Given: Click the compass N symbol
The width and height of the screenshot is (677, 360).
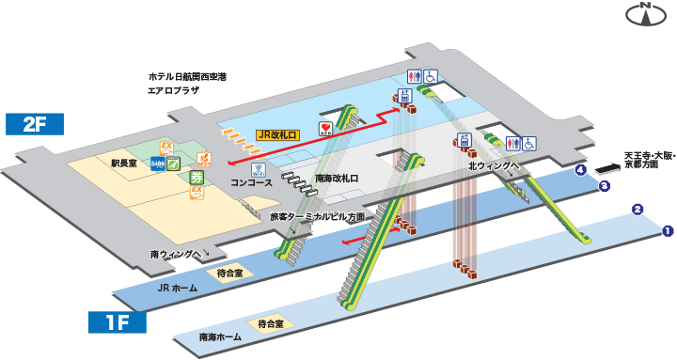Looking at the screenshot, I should [x=646, y=13].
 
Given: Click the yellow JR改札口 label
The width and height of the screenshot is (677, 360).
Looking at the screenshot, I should [x=278, y=135].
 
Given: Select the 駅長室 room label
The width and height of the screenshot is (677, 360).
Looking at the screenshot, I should [x=124, y=163].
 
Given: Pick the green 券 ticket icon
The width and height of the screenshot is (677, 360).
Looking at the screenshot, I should [x=197, y=177].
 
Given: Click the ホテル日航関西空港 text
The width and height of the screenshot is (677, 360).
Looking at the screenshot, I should [x=188, y=76].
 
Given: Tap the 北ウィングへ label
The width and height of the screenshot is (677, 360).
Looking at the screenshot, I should [x=494, y=166].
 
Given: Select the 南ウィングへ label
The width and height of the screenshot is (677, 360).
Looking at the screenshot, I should [x=175, y=254].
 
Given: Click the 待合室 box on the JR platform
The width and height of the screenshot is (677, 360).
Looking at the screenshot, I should [x=229, y=273].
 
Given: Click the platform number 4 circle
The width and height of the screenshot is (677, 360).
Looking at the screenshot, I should [x=581, y=170].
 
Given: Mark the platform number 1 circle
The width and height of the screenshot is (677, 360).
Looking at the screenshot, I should [x=668, y=230].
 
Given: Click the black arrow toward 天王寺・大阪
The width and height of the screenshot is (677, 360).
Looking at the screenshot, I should [x=608, y=168].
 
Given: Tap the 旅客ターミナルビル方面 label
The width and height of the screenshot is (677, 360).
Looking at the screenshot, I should [x=317, y=216].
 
